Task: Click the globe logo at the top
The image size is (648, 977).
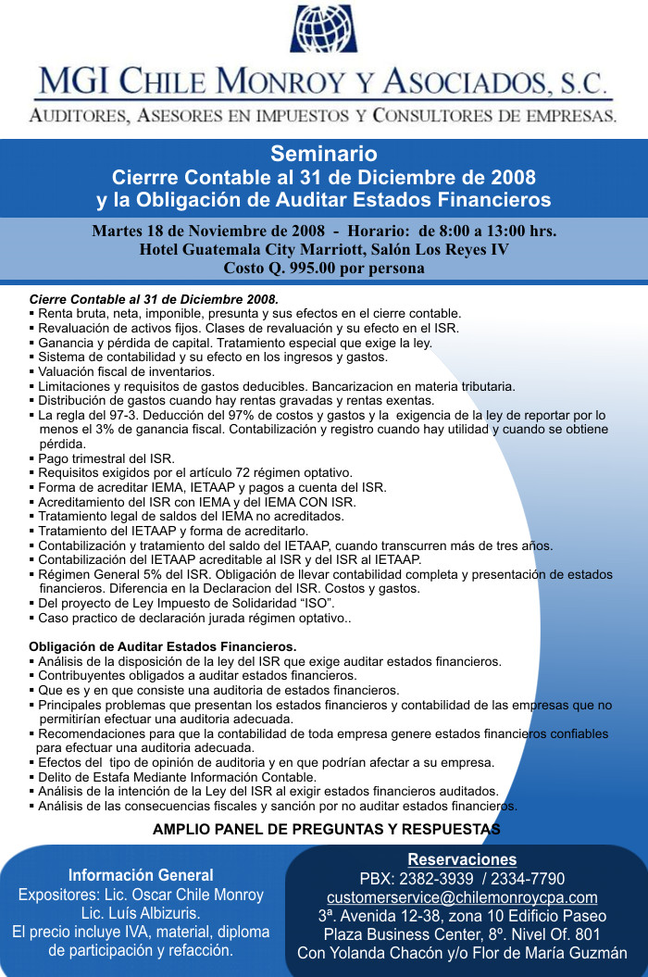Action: (x=323, y=29)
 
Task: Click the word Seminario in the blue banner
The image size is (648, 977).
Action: (x=323, y=153)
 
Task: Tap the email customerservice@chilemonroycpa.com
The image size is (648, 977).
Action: (x=462, y=897)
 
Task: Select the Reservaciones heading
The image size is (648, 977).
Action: (x=462, y=860)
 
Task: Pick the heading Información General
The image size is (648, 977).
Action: (x=141, y=875)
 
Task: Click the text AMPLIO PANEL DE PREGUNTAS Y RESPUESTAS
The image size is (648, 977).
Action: (x=326, y=829)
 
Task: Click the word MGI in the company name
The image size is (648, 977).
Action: (x=72, y=81)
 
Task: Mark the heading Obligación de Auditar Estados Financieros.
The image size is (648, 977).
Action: (x=163, y=646)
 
